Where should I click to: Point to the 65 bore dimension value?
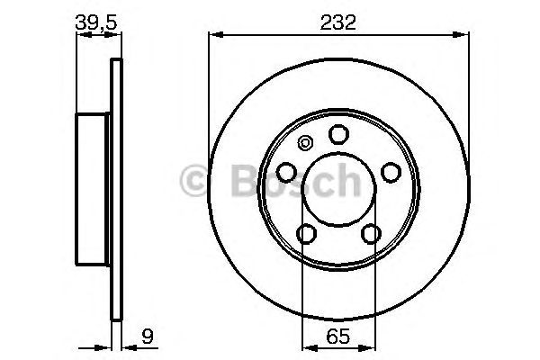click(338, 339)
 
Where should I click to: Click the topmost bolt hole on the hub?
click(338, 134)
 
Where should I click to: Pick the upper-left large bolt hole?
click(286, 172)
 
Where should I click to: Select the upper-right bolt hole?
click(391, 172)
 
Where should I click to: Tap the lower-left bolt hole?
click(306, 234)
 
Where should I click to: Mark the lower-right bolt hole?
click(371, 234)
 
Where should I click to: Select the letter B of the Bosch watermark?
click(236, 182)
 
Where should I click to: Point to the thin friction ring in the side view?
click(114, 189)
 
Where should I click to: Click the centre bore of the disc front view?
click(338, 193)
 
